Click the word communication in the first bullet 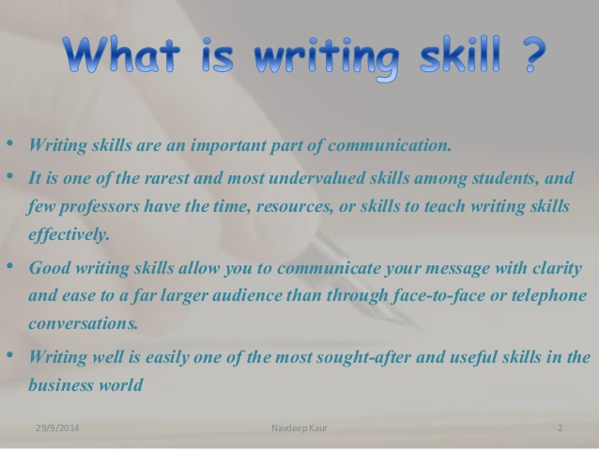point(393,145)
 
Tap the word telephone point(541,297)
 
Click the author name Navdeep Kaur point(299,429)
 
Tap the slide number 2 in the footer point(560,429)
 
